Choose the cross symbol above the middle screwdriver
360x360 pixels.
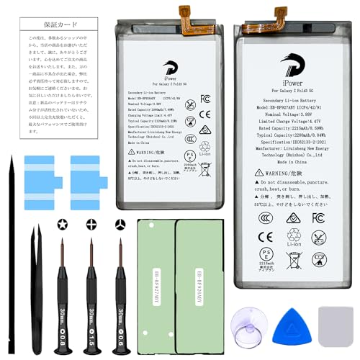91,224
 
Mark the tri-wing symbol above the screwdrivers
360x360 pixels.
119,224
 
